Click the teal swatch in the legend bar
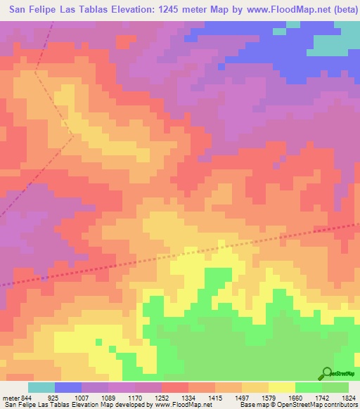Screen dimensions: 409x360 coord(41,387)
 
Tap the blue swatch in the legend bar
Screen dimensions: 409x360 coord(68,387)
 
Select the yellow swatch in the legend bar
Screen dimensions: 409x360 coord(282,387)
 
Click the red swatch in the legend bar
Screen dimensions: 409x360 coord(175,387)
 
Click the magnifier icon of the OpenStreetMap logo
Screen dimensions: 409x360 coord(326,373)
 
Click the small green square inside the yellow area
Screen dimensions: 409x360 coord(111,348)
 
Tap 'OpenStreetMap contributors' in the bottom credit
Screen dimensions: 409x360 coord(320,405)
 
